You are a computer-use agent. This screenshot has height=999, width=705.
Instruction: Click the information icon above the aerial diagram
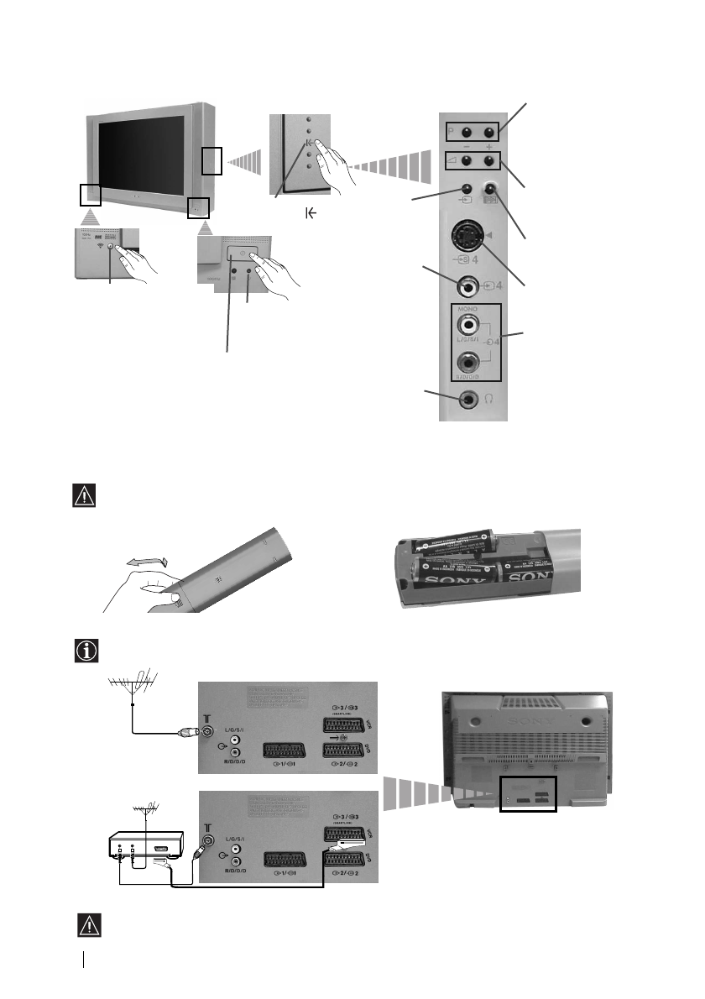(86, 651)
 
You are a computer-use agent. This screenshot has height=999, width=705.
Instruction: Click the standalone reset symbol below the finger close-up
(311, 215)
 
